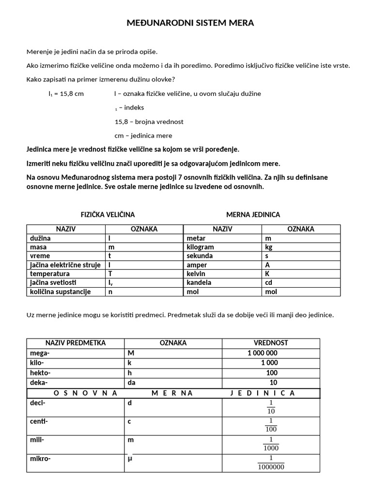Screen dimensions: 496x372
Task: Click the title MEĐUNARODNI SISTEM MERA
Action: (190, 23)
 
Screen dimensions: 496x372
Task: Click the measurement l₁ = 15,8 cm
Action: (66, 93)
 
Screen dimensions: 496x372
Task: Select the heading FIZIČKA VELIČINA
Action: (108, 214)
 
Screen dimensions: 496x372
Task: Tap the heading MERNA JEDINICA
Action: (253, 214)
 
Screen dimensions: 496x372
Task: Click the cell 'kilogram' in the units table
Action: (200, 247)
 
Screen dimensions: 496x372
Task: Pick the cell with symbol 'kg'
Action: (270, 247)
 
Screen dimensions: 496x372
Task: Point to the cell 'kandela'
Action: (199, 282)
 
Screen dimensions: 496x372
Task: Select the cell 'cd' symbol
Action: (269, 282)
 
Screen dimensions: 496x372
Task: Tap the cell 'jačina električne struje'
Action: (65, 265)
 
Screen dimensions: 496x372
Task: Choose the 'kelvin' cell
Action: (197, 274)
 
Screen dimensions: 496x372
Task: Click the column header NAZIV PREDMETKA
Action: (76, 343)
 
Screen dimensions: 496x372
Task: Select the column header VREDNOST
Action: (271, 343)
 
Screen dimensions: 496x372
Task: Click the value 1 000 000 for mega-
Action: (263, 353)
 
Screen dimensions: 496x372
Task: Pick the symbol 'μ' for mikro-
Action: (130, 458)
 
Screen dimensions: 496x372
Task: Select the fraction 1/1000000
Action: (271, 463)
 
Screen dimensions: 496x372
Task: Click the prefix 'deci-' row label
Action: (38, 403)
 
